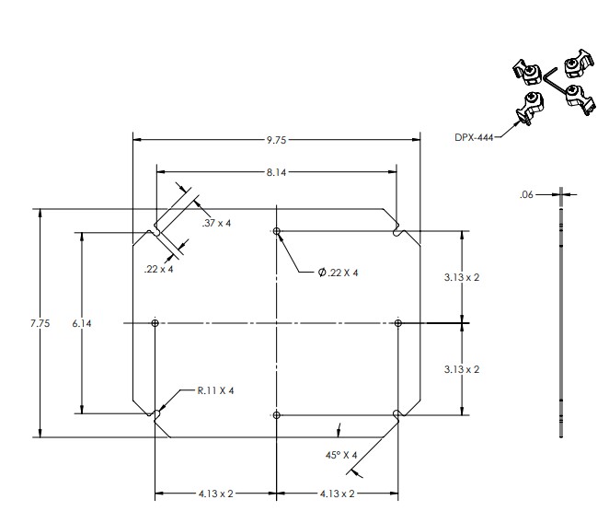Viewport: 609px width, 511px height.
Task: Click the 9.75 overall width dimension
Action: (277, 140)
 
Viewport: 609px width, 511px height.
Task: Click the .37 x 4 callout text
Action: (216, 223)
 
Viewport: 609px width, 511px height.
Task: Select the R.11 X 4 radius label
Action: (216, 390)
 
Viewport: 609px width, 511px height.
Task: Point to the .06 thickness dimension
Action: (526, 194)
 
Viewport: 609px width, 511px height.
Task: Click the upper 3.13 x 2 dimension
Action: (462, 277)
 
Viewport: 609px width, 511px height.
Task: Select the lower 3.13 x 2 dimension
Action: (462, 369)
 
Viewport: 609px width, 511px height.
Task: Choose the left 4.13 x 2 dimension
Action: (215, 494)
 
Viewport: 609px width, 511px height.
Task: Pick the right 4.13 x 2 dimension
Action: (338, 494)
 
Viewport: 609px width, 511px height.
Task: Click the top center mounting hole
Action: (277, 231)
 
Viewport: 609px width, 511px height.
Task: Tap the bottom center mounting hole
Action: (277, 415)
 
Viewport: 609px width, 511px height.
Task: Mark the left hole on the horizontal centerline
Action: (155, 323)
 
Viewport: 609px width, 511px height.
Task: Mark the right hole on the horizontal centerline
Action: (397, 323)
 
